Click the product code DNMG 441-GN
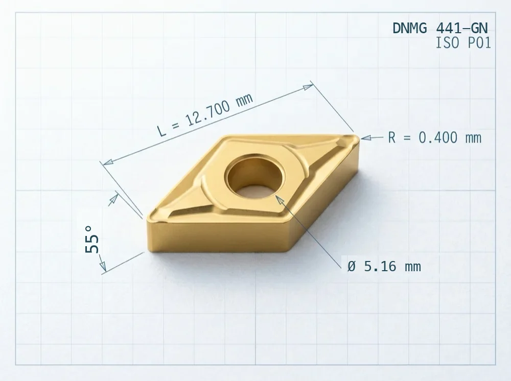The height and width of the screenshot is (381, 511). click(x=440, y=28)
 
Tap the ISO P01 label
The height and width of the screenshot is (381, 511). click(x=463, y=43)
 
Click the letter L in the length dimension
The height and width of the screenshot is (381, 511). click(x=161, y=130)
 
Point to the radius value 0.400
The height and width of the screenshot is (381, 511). click(x=438, y=138)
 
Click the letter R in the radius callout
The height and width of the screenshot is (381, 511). click(x=392, y=138)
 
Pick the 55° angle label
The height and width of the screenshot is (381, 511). click(x=92, y=240)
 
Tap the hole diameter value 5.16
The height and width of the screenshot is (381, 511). click(x=380, y=267)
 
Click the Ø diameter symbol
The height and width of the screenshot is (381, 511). click(x=352, y=267)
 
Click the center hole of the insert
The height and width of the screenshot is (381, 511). click(x=255, y=177)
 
